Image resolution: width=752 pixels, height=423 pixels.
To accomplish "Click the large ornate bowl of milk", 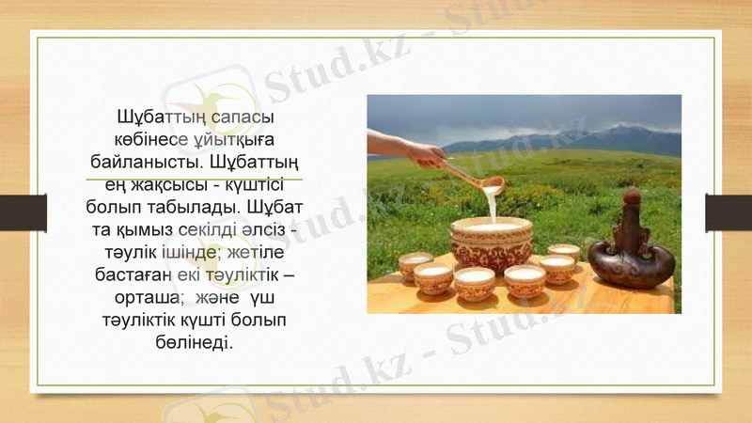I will point(491,243).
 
